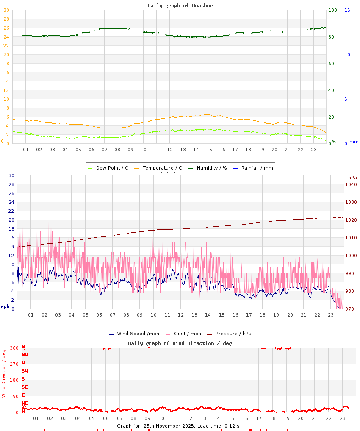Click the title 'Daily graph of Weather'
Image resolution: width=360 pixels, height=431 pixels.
[x=180, y=6]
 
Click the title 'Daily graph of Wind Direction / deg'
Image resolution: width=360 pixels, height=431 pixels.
[x=180, y=343]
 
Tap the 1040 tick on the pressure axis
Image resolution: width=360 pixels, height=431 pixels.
[x=351, y=184]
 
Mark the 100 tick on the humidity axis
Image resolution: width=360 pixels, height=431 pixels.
[x=332, y=10]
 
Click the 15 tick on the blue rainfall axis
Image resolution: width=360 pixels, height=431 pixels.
[x=347, y=10]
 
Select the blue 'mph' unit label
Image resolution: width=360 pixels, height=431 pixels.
[x=5, y=306]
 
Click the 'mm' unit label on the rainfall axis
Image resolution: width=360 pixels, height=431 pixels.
[x=354, y=142]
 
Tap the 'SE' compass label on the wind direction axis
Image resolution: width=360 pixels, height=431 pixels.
[x=25, y=387]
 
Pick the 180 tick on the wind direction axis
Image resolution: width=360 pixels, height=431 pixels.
[x=14, y=380]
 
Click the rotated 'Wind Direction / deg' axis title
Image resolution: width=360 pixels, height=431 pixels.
[x=4, y=373]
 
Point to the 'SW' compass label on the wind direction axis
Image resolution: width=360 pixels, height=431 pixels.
[x=25, y=371]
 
